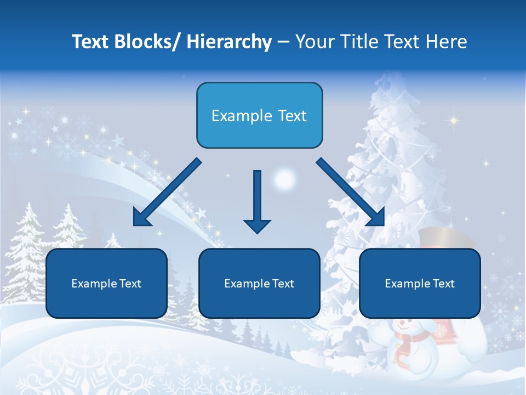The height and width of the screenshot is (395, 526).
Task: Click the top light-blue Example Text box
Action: click(259, 115)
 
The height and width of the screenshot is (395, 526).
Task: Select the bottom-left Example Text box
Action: click(106, 283)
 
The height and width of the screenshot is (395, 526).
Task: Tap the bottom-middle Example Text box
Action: click(259, 283)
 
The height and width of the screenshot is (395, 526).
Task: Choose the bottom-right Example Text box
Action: click(420, 283)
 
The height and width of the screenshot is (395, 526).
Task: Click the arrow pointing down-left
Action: click(167, 193)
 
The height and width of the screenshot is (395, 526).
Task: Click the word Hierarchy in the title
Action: click(229, 42)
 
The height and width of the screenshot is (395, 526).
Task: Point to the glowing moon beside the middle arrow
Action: click(284, 179)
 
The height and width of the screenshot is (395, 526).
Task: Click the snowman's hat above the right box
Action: click(447, 239)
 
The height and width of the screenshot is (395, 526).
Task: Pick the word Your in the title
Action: click(315, 42)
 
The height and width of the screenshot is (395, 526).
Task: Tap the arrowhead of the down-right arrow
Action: click(376, 218)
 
